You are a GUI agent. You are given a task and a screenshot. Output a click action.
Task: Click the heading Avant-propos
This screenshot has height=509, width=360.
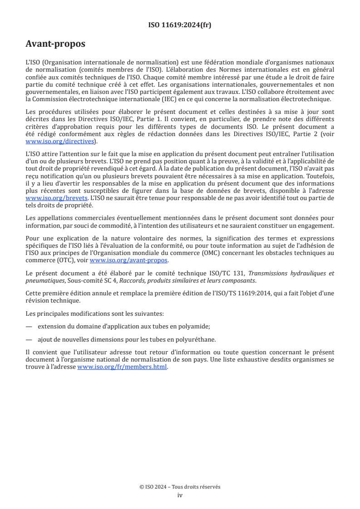pyautogui.click(x=55, y=44)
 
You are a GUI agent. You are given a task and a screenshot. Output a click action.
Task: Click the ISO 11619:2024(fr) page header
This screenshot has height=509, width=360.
pyautogui.click(x=180, y=25)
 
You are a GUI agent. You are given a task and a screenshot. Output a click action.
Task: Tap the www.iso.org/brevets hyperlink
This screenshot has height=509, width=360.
pyautogui.click(x=56, y=198)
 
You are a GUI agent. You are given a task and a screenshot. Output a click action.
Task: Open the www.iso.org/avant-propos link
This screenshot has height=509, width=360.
pyautogui.click(x=129, y=260)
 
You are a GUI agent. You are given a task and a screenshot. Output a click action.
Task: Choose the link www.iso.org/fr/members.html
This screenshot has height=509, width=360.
pyautogui.click(x=123, y=367)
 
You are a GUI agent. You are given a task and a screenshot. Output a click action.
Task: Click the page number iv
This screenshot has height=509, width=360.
pyautogui.click(x=180, y=495)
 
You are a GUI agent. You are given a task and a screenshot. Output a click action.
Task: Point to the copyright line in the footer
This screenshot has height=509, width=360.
pyautogui.click(x=180, y=487)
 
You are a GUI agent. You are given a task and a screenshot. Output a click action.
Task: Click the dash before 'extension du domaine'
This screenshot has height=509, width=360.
pyautogui.click(x=29, y=326)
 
